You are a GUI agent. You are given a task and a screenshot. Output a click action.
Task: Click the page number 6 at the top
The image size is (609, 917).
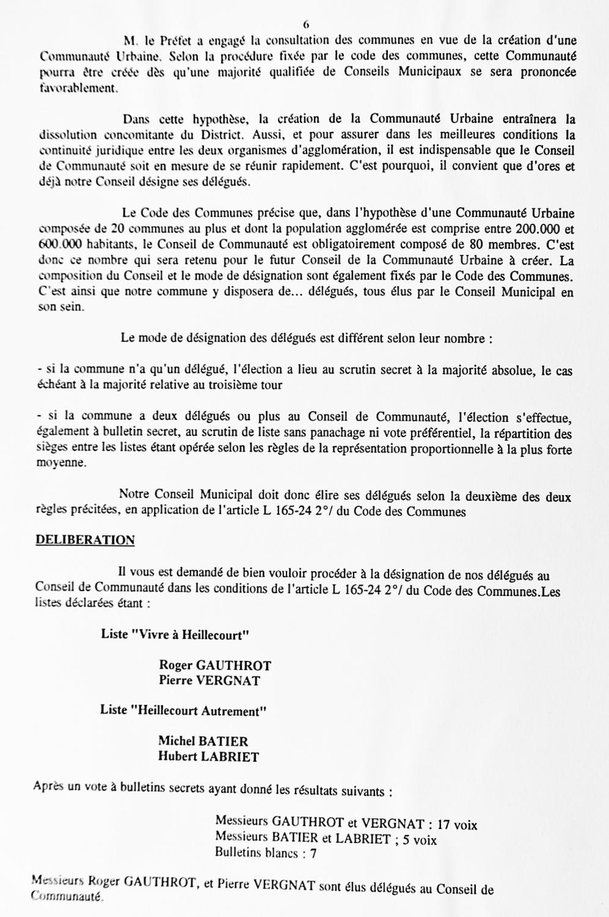click(305, 24)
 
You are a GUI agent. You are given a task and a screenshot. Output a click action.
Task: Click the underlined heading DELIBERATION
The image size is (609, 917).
click(85, 540)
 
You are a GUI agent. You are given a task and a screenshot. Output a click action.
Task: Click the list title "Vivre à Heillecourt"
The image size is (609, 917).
click(175, 634)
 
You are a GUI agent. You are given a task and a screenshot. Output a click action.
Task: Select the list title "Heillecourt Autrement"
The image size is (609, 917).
click(184, 710)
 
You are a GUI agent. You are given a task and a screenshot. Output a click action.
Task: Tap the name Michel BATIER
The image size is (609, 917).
click(203, 742)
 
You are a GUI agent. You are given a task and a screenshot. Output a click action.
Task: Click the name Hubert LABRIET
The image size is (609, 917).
click(208, 757)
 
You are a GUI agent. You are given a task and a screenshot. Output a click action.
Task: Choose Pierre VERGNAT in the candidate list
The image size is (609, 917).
click(210, 680)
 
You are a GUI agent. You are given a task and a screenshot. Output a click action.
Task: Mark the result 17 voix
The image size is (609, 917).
click(458, 825)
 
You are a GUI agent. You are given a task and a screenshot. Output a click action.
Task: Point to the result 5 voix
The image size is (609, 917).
click(418, 840)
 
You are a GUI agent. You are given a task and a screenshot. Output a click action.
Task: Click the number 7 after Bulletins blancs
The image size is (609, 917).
click(313, 854)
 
